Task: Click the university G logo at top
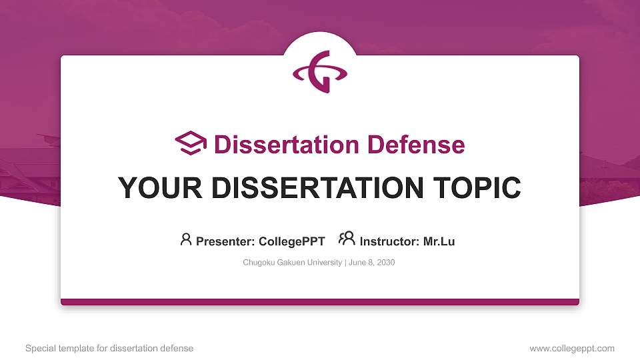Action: point(320,71)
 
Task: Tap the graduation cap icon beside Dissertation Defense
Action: point(191,144)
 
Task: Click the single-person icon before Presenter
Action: point(186,239)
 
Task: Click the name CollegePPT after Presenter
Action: point(291,241)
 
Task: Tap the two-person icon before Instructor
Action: point(347,239)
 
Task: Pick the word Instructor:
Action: point(389,241)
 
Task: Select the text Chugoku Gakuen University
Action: point(292,263)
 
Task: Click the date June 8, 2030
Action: point(372,263)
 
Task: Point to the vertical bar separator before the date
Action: point(345,263)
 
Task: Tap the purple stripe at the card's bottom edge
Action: point(320,302)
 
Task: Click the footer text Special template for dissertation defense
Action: point(109,348)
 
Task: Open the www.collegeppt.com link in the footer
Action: point(572,348)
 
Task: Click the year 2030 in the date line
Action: point(386,263)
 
